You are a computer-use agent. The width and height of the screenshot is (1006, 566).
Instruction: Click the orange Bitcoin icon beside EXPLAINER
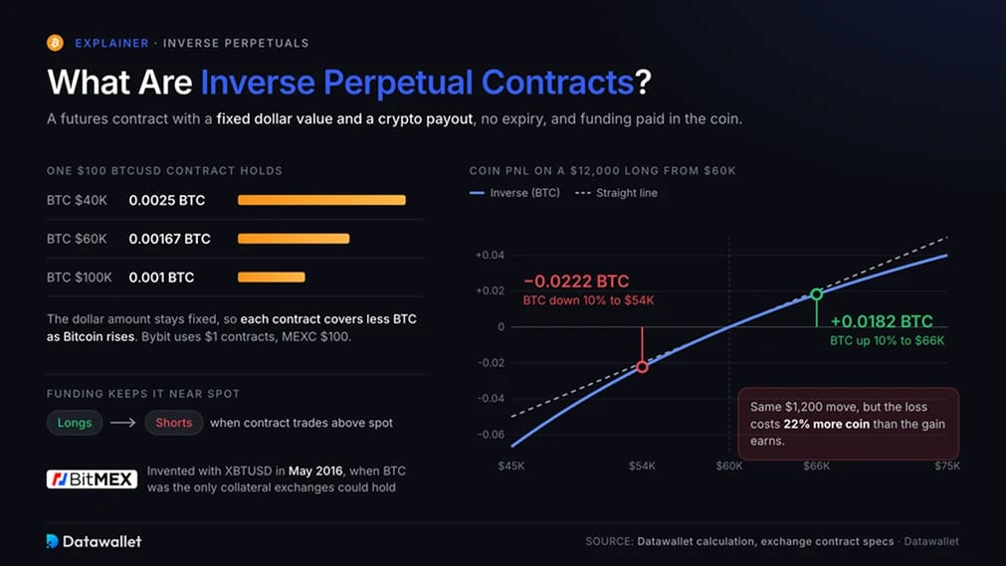(x=55, y=43)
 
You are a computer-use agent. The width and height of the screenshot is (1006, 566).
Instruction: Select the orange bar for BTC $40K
(x=321, y=200)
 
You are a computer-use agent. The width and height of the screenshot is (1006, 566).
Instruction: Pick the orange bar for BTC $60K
(x=294, y=239)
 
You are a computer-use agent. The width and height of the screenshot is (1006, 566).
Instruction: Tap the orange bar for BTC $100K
(x=272, y=278)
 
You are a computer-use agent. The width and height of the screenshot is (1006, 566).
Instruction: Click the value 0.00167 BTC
(x=169, y=239)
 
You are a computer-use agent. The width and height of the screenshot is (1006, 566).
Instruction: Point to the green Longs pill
(x=75, y=423)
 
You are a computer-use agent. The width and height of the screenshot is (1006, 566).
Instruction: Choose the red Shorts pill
(x=174, y=423)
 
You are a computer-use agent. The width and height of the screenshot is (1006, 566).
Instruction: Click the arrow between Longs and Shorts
(x=123, y=423)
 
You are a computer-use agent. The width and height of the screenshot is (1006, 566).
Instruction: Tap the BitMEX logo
(x=92, y=478)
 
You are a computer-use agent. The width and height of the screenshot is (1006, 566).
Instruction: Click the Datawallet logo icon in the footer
(x=52, y=541)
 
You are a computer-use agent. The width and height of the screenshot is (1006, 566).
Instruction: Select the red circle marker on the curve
(x=642, y=367)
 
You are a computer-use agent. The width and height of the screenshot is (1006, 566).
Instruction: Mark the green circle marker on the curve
(x=817, y=293)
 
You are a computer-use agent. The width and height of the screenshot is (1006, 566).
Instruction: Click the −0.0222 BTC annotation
(x=576, y=282)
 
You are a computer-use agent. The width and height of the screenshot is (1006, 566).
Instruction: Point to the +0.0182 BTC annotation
(x=882, y=321)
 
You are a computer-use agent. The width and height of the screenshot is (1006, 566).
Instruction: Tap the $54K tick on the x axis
(x=642, y=466)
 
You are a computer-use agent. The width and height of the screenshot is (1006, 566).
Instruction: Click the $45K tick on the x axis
(x=511, y=466)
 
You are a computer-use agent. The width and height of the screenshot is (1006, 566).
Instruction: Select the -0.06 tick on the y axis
(x=491, y=435)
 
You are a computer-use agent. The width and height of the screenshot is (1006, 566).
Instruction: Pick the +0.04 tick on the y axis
(x=491, y=255)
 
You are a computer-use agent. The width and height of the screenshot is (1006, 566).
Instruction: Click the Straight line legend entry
(x=616, y=193)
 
